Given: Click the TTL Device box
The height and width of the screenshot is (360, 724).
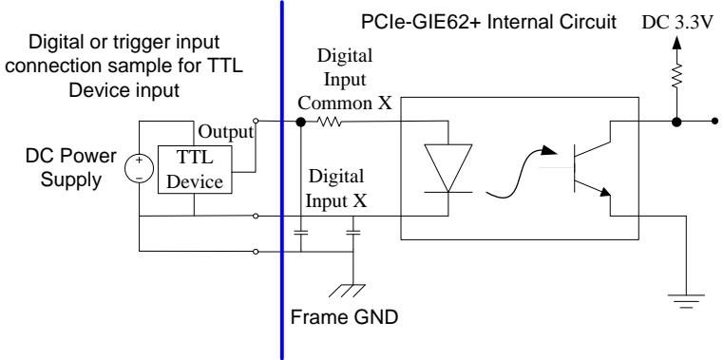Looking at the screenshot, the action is [x=195, y=169].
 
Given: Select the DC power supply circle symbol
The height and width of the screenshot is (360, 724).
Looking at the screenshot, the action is [x=139, y=168].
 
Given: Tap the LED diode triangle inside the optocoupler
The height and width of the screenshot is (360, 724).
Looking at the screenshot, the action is [x=448, y=168].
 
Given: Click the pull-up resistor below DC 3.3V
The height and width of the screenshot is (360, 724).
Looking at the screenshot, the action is [x=676, y=76].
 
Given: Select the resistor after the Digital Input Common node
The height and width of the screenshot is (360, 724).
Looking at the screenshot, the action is [x=329, y=122].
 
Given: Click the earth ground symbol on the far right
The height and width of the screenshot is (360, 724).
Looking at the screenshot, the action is [x=686, y=300].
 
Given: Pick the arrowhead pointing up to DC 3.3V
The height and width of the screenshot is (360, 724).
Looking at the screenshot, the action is [x=676, y=43].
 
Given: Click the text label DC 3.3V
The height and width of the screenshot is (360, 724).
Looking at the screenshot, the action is [x=678, y=23].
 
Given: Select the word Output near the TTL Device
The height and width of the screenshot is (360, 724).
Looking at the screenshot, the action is [x=226, y=132].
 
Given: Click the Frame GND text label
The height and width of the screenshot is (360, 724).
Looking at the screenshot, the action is [x=344, y=317].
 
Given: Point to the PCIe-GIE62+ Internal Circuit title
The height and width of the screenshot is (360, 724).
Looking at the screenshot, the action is [x=488, y=22].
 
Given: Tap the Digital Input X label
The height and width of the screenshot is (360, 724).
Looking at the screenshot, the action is [x=336, y=188].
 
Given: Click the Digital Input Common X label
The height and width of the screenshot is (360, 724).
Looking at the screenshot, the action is [x=345, y=80].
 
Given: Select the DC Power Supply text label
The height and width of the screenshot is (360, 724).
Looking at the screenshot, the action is [x=71, y=167].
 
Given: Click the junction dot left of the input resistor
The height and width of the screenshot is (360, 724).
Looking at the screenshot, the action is [x=300, y=122].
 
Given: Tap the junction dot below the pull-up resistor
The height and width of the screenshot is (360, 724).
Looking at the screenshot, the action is [x=676, y=122].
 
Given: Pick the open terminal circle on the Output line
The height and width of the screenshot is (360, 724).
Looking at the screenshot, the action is [x=256, y=122].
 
